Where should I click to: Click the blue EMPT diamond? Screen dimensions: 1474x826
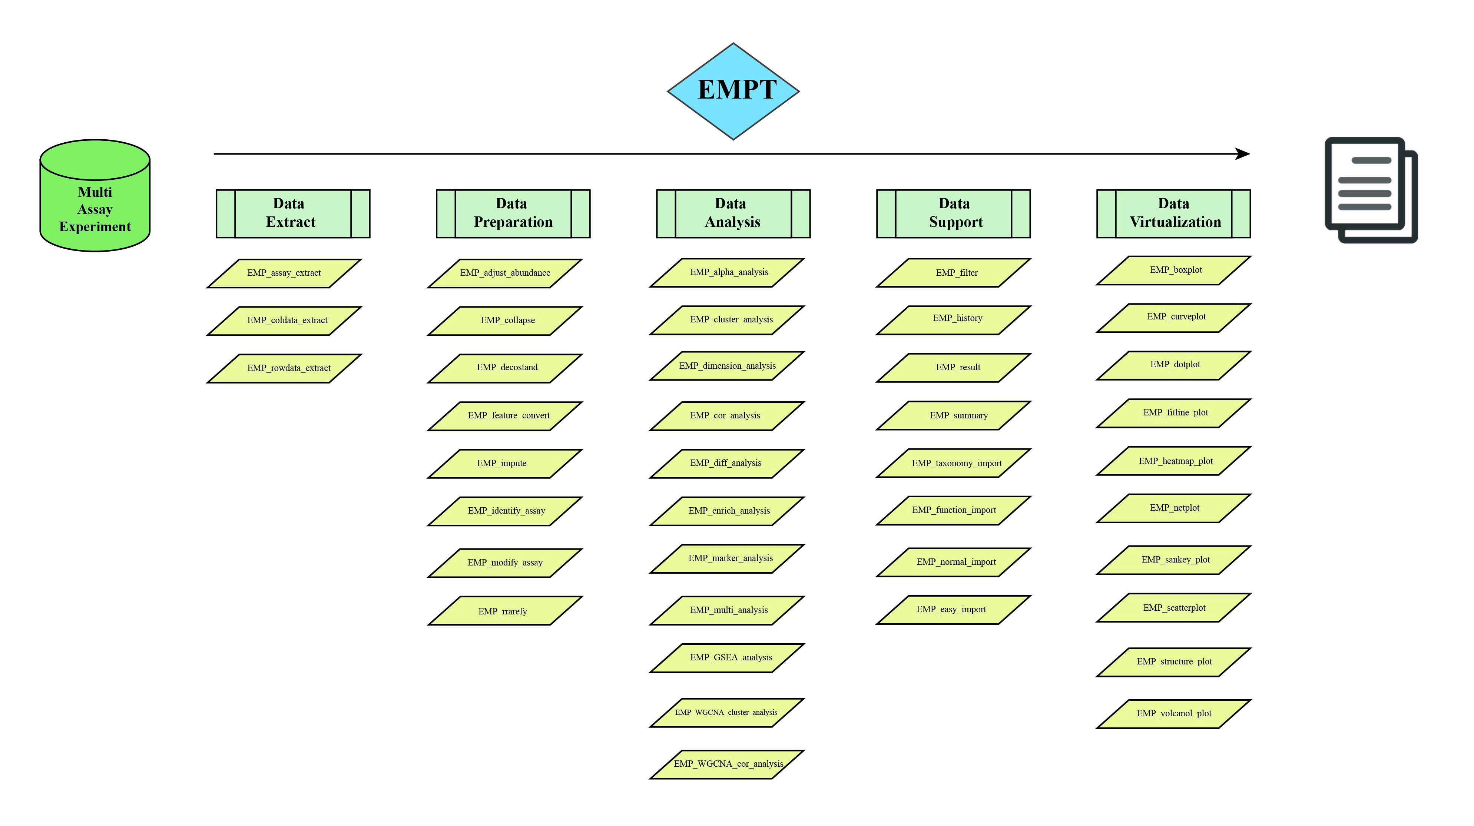point(733,91)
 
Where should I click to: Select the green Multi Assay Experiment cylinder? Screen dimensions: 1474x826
point(95,195)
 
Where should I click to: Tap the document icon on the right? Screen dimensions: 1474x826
point(1371,190)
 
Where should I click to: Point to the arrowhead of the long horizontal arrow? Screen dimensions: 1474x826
point(1243,154)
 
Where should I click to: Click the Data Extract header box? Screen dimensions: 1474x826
point(293,213)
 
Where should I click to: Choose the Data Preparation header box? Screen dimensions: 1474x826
point(513,213)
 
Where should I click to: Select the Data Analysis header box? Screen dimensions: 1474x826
point(733,213)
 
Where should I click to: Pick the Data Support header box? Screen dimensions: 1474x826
point(953,213)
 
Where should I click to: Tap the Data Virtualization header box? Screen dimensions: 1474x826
point(1173,213)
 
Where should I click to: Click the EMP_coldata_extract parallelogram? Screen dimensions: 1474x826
point(284,321)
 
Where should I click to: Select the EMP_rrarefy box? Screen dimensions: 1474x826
point(505,611)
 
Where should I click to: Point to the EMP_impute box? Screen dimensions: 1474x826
point(505,463)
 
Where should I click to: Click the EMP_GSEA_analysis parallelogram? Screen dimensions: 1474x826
point(727,658)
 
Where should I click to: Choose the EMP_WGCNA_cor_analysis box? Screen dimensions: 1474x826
point(727,764)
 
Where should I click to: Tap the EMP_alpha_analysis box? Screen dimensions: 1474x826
point(727,272)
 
